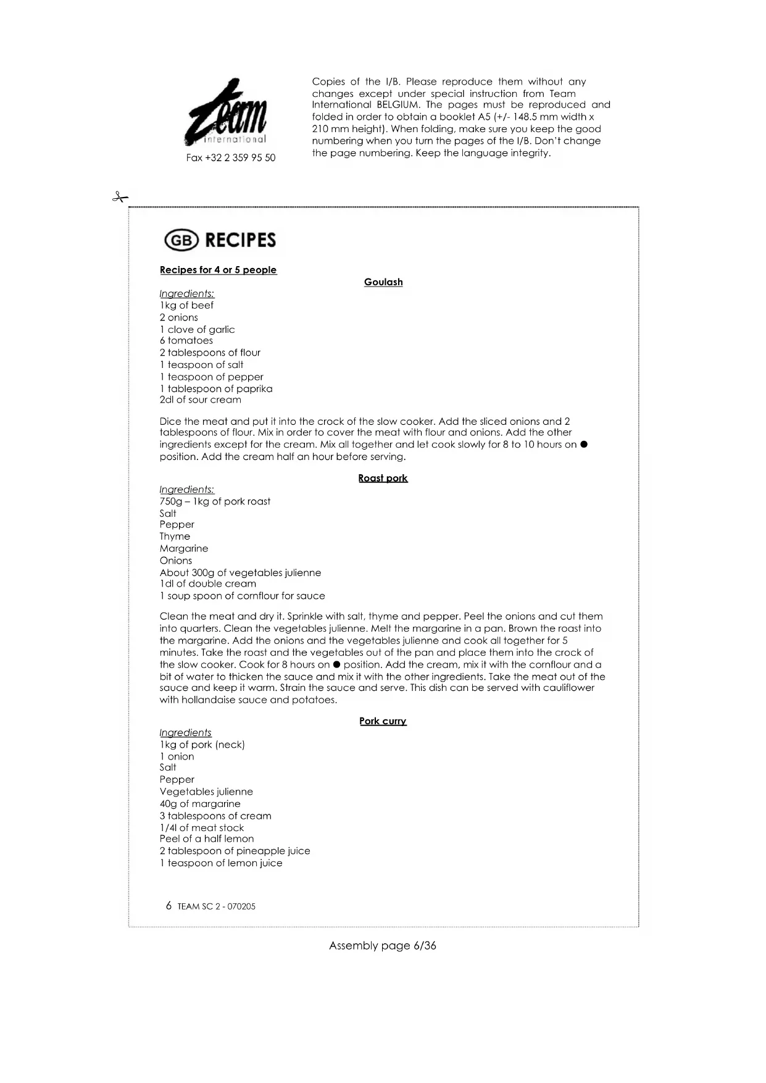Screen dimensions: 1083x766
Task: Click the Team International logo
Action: [x=227, y=112]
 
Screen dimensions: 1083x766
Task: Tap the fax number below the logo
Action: [x=231, y=158]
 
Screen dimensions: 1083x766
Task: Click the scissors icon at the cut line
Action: [x=120, y=198]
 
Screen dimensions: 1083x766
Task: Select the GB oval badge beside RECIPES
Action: [x=181, y=240]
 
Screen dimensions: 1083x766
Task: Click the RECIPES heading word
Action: [x=240, y=240]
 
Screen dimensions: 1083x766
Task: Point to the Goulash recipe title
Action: [x=383, y=282]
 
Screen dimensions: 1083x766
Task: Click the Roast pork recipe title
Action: [x=383, y=478]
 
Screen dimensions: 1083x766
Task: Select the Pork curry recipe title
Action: [x=383, y=721]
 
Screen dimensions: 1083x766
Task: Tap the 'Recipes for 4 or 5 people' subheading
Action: [x=218, y=270]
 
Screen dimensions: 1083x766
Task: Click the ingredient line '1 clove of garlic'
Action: [x=197, y=330]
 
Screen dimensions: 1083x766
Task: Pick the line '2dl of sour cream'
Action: [x=200, y=400]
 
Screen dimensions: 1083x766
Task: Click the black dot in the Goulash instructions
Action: [x=584, y=445]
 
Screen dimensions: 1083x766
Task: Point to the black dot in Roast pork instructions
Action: [x=336, y=665]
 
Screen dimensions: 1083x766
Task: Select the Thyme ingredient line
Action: [x=175, y=537]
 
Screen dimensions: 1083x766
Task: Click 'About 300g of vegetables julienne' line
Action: [x=240, y=573]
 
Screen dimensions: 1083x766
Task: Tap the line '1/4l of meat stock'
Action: [x=201, y=828]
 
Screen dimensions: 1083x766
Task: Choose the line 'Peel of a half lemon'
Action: [x=206, y=839]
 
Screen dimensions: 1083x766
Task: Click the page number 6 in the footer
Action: [x=169, y=906]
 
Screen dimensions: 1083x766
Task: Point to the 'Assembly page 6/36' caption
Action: [x=383, y=946]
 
